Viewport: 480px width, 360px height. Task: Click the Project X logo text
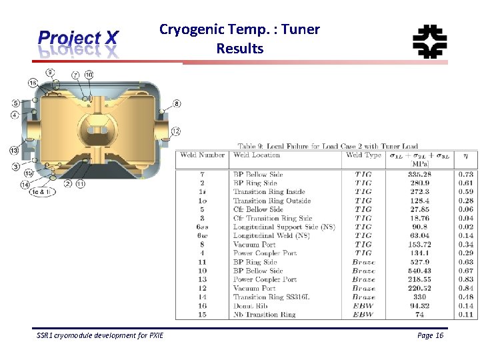(x=78, y=39)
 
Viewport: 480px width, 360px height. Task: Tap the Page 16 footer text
(x=430, y=335)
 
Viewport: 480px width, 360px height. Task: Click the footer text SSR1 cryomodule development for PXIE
(x=100, y=335)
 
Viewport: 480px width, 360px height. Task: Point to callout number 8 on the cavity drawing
(x=177, y=103)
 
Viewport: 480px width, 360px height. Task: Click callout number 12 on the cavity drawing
(x=175, y=131)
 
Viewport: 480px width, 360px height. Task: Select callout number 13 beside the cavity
(x=14, y=150)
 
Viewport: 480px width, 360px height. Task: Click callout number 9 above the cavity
(x=50, y=72)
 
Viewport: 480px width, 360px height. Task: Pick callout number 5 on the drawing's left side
(x=15, y=103)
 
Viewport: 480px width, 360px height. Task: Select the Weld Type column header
(x=363, y=155)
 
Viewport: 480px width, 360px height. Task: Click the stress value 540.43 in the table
(x=418, y=271)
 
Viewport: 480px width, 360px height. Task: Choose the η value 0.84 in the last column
(x=465, y=288)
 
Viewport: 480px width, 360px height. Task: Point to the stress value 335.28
(x=418, y=175)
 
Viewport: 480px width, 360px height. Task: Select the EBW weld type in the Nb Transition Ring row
(x=363, y=314)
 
